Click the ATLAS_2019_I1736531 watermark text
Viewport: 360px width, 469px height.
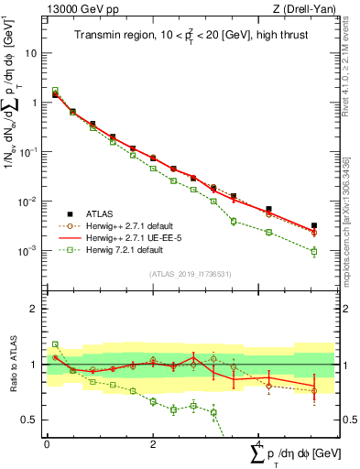[x=189, y=273]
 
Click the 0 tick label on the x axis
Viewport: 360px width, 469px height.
[x=47, y=443]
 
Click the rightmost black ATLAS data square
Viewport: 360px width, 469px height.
[x=314, y=225]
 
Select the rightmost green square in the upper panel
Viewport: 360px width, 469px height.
[x=314, y=251]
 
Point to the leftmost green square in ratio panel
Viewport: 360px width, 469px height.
[x=55, y=344]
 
